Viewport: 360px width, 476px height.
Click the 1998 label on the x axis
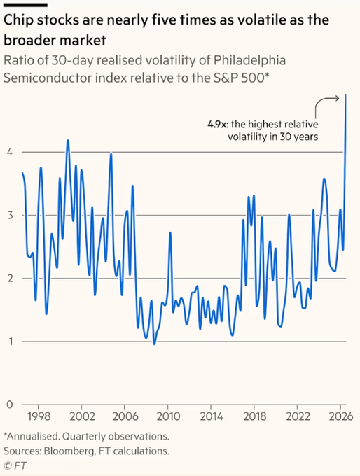click(39, 416)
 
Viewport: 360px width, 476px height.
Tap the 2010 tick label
click(168, 416)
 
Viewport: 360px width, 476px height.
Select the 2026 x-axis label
click(341, 416)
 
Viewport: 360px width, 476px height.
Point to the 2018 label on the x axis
click(254, 416)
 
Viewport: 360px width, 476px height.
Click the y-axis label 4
click(10, 152)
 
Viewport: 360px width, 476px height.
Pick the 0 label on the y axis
click(10, 405)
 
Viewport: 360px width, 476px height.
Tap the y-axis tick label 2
click(10, 278)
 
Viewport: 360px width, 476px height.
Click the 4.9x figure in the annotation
click(218, 124)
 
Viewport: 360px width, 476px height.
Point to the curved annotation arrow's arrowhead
click(337, 98)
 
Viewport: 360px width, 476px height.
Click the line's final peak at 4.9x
click(346, 95)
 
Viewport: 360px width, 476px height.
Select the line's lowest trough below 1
click(154, 344)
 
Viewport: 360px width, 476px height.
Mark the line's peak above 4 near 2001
click(68, 140)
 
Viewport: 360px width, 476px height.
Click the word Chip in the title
click(18, 20)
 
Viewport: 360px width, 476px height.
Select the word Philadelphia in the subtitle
click(249, 60)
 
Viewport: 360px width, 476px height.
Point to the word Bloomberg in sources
click(69, 451)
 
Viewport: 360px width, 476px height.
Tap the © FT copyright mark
click(15, 465)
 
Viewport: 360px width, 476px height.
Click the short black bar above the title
click(25, 5)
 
